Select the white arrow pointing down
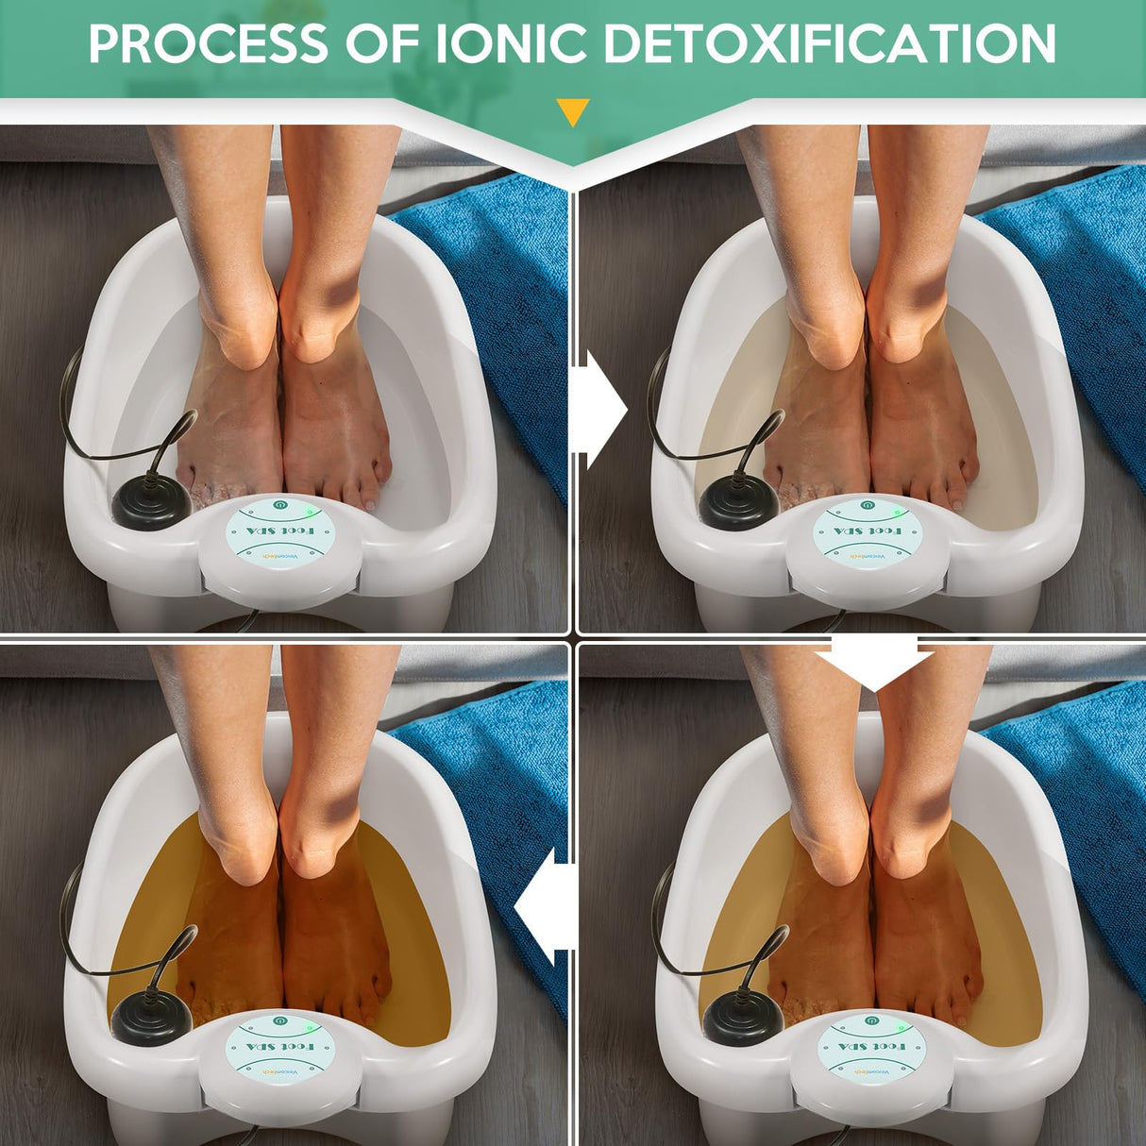point(875,661)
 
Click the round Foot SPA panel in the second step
point(861,533)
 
